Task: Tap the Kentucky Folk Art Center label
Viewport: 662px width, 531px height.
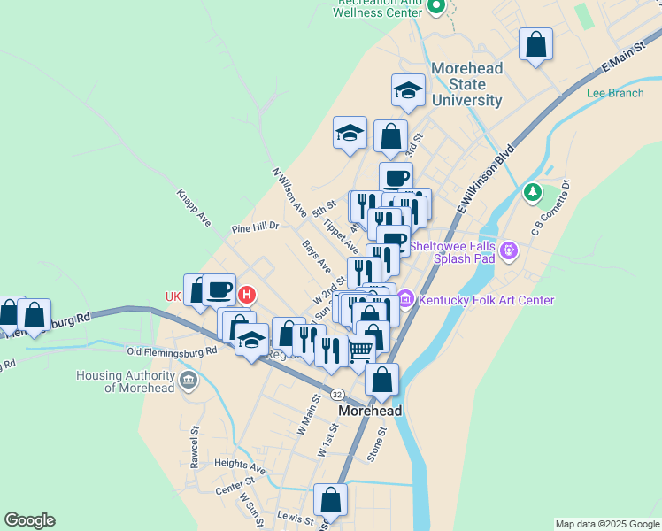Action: point(487,300)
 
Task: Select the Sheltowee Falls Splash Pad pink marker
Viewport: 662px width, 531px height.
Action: point(508,251)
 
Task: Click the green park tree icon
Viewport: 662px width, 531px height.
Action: point(532,191)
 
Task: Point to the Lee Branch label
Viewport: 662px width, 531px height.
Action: point(614,92)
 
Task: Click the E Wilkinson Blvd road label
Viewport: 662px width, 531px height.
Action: point(487,180)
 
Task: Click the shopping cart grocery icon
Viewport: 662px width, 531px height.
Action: point(360,351)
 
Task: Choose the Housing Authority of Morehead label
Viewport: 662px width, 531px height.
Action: point(125,381)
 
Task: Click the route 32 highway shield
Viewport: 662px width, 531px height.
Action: point(337,392)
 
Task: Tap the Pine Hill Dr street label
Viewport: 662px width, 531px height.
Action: point(255,227)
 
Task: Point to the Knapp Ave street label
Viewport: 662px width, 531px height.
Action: point(193,207)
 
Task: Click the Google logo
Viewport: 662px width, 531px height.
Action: point(29,520)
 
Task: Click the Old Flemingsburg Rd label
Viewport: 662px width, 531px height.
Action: point(172,351)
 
